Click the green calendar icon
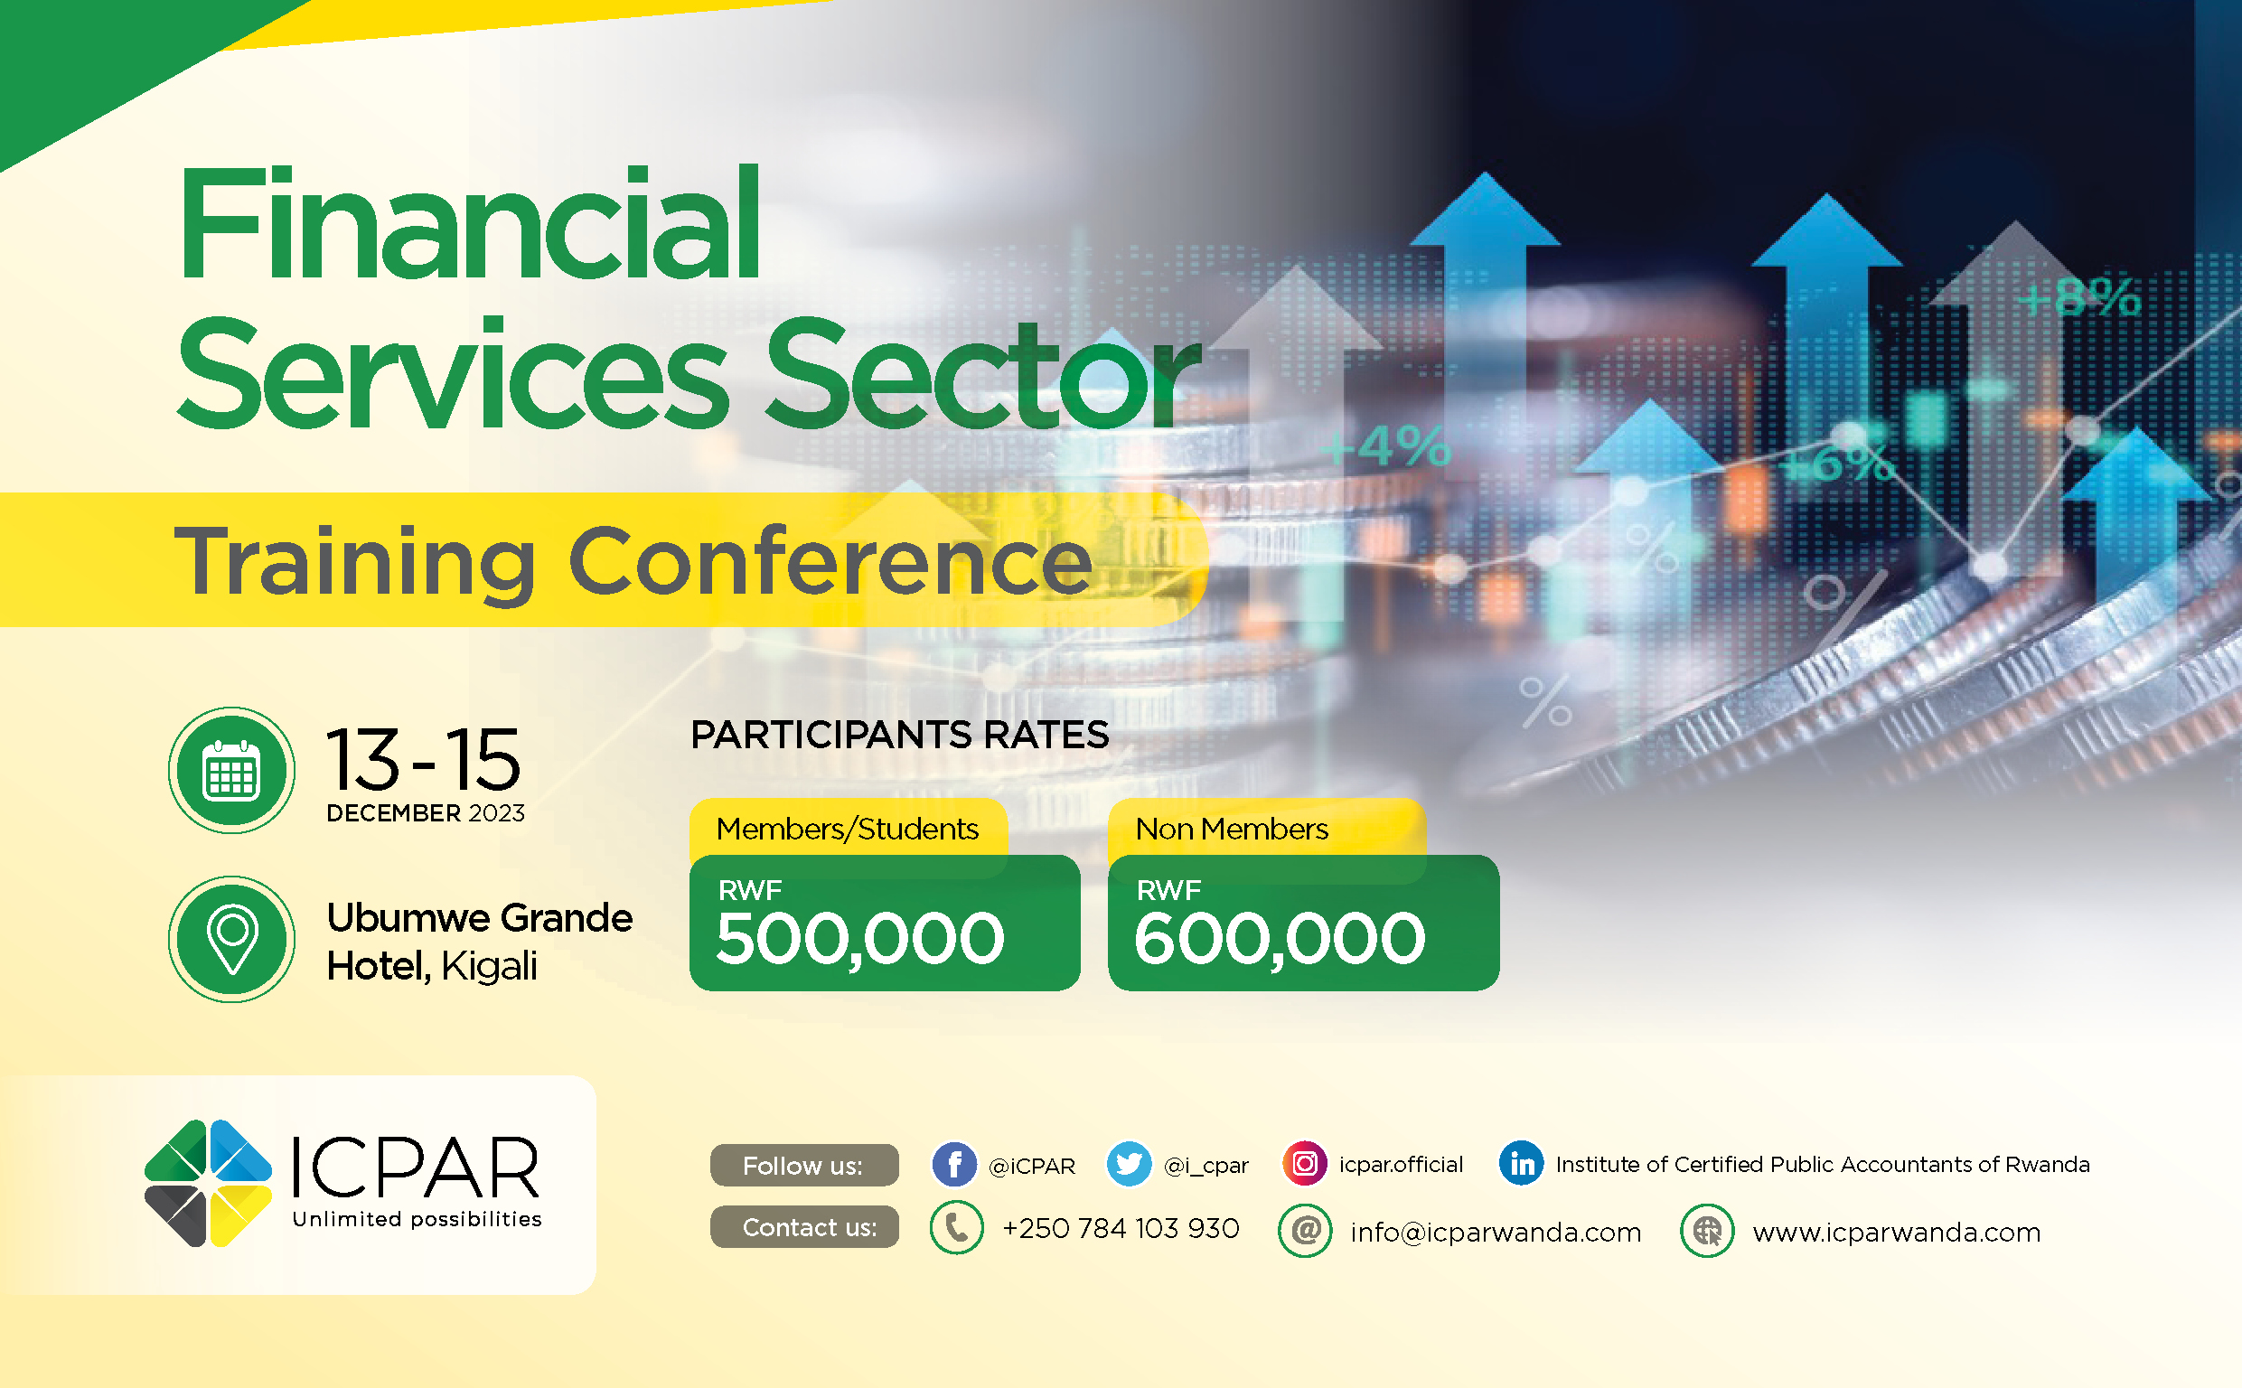point(231,770)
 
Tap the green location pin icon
point(231,939)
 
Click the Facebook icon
point(954,1165)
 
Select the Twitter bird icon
point(1129,1165)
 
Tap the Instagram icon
point(1304,1164)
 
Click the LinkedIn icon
point(1522,1164)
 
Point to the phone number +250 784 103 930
point(1121,1228)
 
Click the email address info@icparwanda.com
point(1496,1232)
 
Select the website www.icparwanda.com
point(1896,1232)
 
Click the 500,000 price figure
point(860,939)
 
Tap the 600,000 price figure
point(1280,939)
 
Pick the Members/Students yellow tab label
point(848,829)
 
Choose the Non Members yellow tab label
point(1232,829)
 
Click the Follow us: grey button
point(804,1166)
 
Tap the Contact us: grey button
point(804,1227)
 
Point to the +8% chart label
point(2080,298)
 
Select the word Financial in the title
point(469,223)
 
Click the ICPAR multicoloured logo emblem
point(209,1183)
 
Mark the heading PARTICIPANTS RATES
point(899,735)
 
